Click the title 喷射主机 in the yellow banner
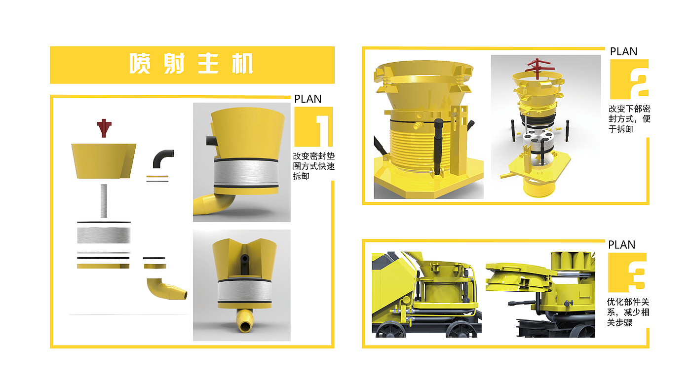pos(192,63)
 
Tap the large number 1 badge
pos(313,126)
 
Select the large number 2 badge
pos(629,79)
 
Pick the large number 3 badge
pos(627,272)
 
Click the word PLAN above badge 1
pos(308,99)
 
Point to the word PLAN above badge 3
pos(621,245)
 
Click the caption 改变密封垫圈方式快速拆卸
pos(314,166)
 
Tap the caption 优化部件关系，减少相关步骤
pos(628,312)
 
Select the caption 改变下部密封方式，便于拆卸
pos(629,119)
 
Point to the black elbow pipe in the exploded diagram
pos(162,158)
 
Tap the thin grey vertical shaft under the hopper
pos(104,201)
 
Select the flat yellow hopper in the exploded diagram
pos(104,161)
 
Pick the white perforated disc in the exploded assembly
pos(537,137)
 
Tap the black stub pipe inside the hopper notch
pos(244,264)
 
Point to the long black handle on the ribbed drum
pos(438,147)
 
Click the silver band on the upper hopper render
pos(246,173)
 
